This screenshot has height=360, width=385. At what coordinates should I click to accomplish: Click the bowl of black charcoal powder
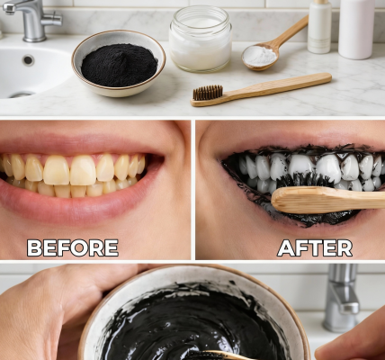coord(118,65)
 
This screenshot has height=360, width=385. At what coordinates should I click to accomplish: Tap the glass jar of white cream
coord(200,40)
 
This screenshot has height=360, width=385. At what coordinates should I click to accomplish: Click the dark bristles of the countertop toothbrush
coord(208,92)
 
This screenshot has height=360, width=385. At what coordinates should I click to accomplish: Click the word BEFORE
coord(72,247)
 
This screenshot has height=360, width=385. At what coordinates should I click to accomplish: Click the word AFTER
coord(301,247)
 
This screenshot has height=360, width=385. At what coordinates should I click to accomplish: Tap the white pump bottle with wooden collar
coord(319,26)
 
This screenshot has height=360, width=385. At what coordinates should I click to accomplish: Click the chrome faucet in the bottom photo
coord(341,297)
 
